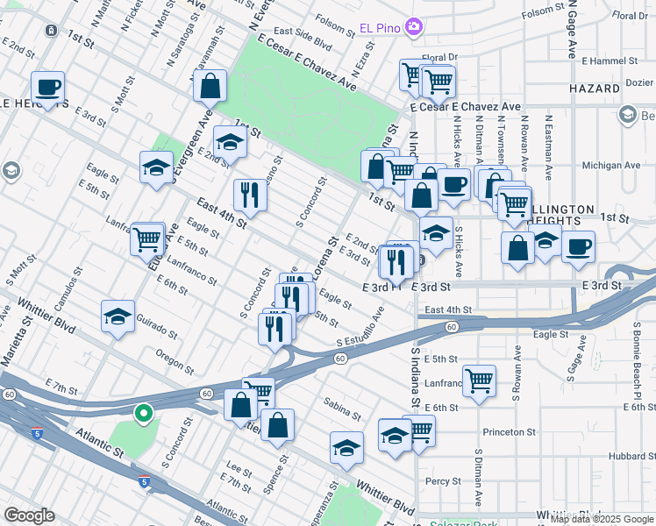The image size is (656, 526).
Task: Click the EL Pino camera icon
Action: coord(414,28)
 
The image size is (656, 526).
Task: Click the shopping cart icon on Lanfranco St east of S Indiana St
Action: coord(479,380)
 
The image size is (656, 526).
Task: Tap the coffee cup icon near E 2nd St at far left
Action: coord(48,87)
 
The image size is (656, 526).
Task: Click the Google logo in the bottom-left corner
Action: coord(29,515)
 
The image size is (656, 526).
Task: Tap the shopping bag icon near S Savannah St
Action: coord(210,86)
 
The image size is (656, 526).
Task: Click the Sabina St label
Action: coord(341,409)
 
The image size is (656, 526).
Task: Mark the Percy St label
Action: coord(443,481)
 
